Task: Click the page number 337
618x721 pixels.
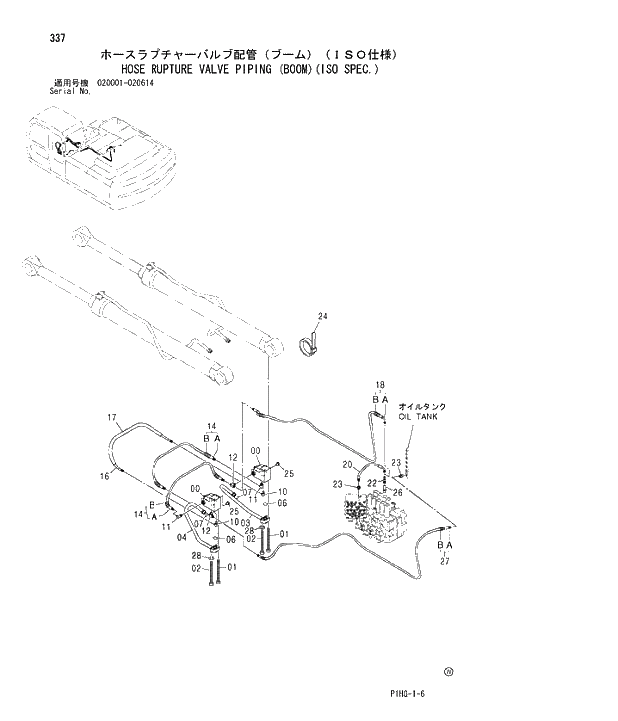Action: pos(57,38)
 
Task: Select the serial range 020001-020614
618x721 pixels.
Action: pos(126,83)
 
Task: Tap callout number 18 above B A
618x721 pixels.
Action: pos(380,384)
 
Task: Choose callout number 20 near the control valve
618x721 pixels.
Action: pos(347,465)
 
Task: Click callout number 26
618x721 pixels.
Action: pos(398,491)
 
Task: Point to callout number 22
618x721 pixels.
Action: pos(373,482)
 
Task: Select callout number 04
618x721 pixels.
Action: pos(181,537)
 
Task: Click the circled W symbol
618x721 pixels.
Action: pos(449,672)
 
